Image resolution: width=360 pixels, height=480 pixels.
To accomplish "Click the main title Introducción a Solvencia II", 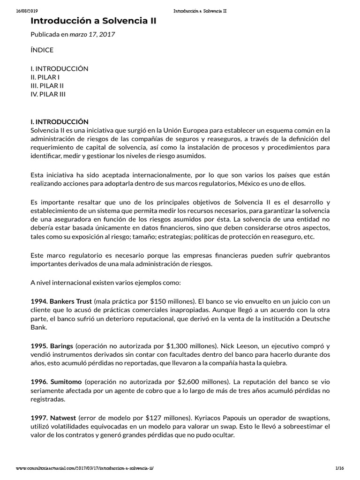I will pyautogui.click(x=94, y=21).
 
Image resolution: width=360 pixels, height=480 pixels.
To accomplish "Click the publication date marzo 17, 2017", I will pyautogui.click(x=92, y=34).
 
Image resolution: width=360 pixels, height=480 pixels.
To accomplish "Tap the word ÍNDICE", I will pyautogui.click(x=42, y=50).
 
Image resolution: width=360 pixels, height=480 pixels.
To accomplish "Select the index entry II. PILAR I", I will pyautogui.click(x=45, y=77).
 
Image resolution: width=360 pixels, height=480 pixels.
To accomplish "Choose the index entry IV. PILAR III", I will pyautogui.click(x=48, y=94).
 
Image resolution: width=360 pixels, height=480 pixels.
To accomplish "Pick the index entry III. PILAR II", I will pyautogui.click(x=47, y=85).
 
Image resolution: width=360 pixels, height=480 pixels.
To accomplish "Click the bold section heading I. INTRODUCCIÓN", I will pyautogui.click(x=60, y=121).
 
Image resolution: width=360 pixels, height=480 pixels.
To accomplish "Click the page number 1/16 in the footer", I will pyautogui.click(x=340, y=469).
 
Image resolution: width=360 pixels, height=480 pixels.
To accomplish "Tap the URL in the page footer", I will pyautogui.click(x=85, y=469).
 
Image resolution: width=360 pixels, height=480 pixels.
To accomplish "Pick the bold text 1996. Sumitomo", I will pyautogui.click(x=56, y=382).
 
